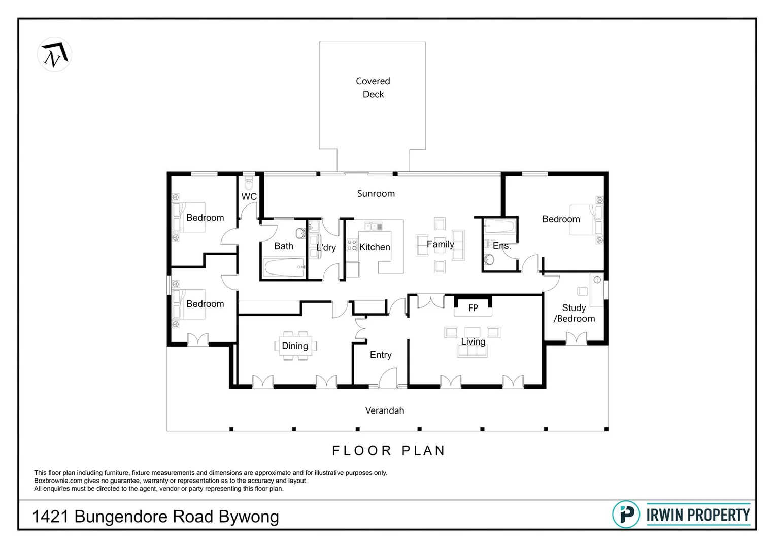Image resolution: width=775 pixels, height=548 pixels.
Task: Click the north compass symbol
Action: pos(55,54)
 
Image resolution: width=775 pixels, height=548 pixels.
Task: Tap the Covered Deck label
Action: pos(373,88)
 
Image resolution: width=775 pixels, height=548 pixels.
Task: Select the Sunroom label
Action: pos(376,193)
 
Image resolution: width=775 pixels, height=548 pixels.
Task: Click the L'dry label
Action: pos(326,248)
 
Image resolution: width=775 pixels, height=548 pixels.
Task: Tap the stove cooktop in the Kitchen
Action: pos(352,245)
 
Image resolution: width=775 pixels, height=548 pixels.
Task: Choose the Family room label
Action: pos(440,244)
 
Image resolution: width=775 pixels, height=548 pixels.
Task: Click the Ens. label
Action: pos(501,246)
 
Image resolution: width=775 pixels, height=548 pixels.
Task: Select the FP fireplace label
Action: pos(473,308)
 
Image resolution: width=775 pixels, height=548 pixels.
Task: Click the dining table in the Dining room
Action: pos(295,346)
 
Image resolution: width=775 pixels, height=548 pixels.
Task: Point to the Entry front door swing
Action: pos(388,378)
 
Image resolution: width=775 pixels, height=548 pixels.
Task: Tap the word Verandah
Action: pos(385,410)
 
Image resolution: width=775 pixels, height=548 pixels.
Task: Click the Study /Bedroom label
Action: pos(574,313)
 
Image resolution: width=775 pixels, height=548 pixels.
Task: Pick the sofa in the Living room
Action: pos(473,350)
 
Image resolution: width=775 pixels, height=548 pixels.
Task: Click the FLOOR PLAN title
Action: pos(388,451)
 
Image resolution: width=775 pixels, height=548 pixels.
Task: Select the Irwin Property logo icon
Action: pos(626,515)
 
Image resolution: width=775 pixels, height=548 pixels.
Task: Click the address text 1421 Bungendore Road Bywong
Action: pos(155,517)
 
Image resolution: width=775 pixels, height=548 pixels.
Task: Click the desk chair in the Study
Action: pos(582,291)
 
